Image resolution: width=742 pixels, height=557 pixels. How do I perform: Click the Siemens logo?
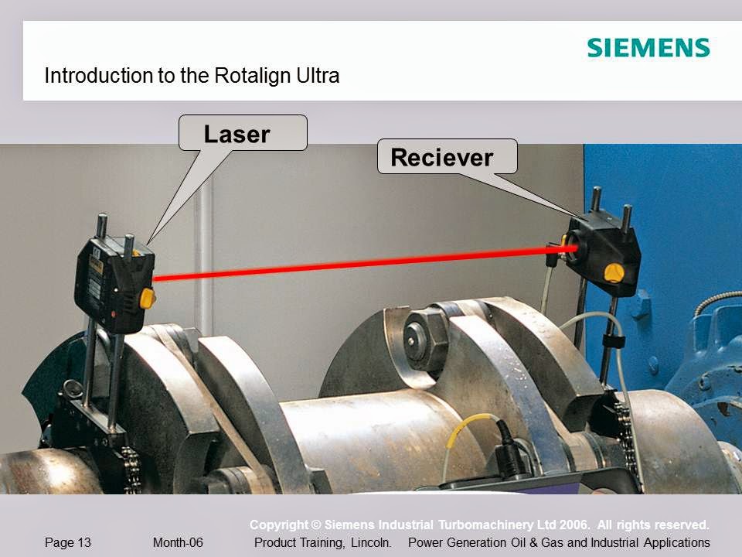tap(648, 48)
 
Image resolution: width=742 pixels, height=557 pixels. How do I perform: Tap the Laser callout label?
tap(237, 135)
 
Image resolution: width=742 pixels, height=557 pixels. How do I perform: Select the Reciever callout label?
tap(441, 158)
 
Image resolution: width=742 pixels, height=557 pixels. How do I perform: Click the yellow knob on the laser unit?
tap(146, 297)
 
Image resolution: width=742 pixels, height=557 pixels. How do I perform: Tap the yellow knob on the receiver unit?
tap(614, 272)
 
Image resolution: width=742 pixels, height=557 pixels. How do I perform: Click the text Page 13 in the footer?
tap(68, 543)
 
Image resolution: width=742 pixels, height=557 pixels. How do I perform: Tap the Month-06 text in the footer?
tap(178, 543)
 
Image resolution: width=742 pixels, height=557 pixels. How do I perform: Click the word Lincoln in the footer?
tap(371, 543)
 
